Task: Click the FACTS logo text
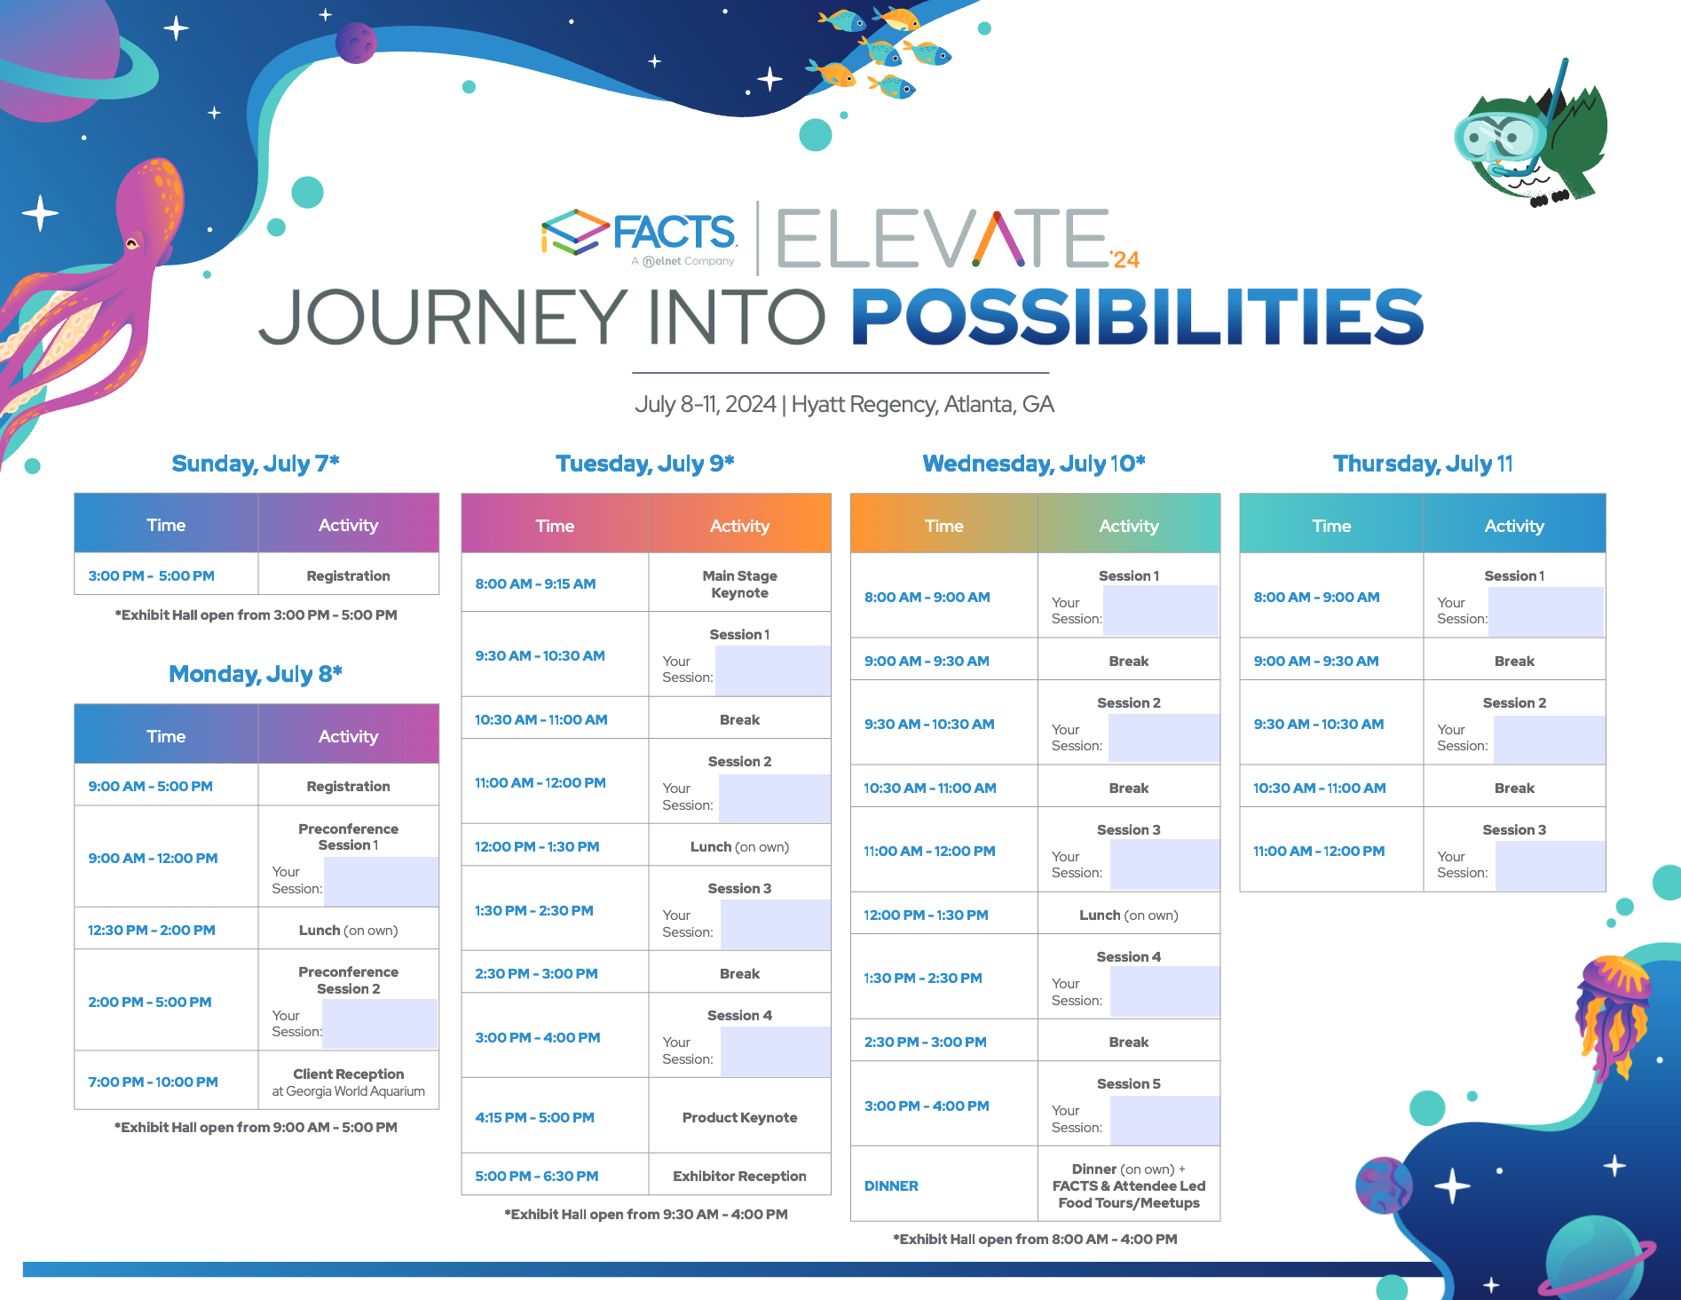coord(674,232)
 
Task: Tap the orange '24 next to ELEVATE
coord(1125,259)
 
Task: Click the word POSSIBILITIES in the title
coord(1138,317)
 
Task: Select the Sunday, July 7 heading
coord(256,464)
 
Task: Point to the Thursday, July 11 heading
coord(1423,464)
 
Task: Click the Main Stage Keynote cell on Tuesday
coord(739,583)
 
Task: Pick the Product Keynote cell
coord(739,1117)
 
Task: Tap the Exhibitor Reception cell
coord(739,1176)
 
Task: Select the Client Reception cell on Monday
coord(348,1082)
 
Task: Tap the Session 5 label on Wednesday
coord(1128,1083)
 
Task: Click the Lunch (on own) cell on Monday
coord(348,930)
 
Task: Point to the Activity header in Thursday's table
coord(1514,526)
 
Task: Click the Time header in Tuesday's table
coord(555,526)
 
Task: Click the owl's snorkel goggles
coord(1500,137)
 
